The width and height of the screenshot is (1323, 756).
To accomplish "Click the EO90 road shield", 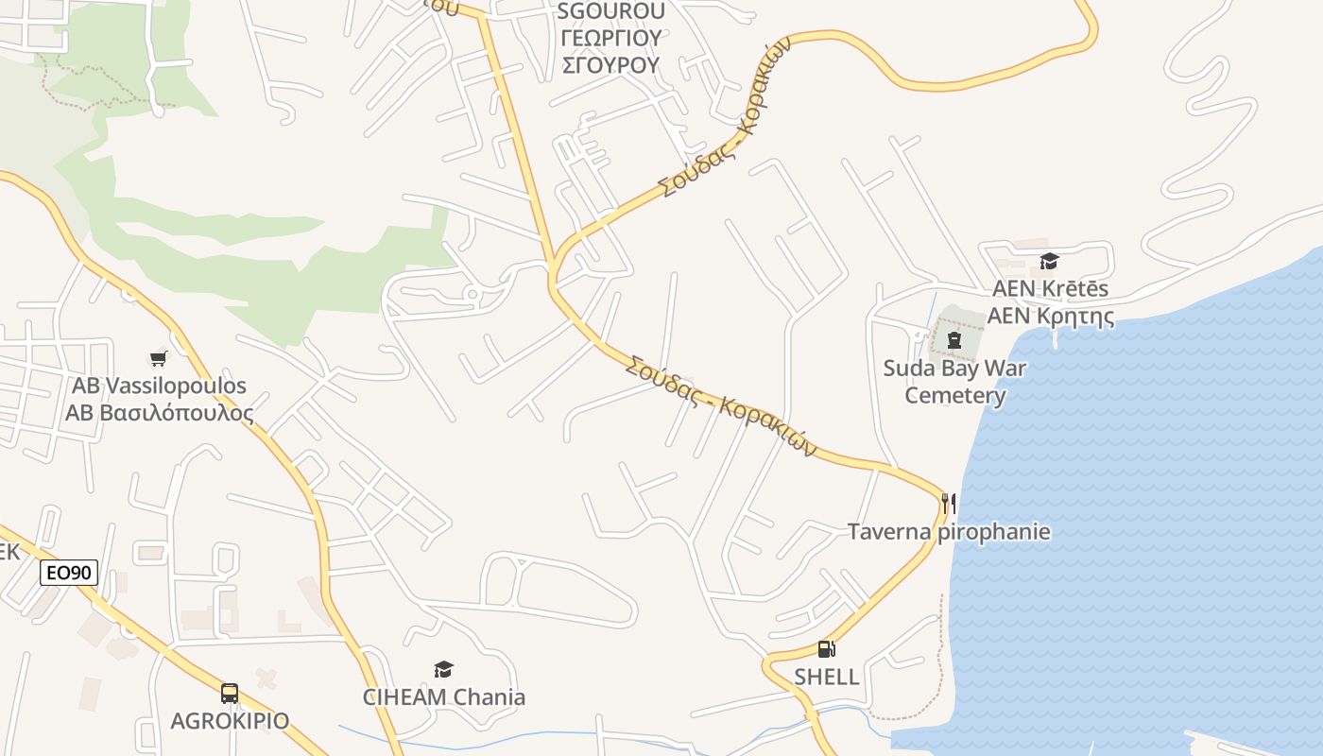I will point(69,573).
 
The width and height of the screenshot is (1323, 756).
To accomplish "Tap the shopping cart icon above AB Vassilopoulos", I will point(159,358).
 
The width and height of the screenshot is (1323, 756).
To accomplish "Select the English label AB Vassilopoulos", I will point(159,386).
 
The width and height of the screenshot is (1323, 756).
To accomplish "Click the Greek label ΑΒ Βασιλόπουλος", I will point(159,413).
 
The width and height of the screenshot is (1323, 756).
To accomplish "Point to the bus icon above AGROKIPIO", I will point(230,694).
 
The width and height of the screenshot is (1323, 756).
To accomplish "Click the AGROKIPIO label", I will point(230,721).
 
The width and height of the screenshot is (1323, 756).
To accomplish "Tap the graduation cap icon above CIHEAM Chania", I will point(443,670).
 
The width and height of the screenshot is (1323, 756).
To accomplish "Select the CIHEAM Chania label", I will point(443,697).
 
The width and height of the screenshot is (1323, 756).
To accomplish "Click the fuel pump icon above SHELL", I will point(826,649).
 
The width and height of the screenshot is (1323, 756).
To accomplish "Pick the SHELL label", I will point(826,677).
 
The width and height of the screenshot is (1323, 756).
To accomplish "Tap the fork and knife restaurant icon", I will point(949,503).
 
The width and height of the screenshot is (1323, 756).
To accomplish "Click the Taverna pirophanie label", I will point(949,531).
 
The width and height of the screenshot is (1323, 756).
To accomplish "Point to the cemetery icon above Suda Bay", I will point(954,340).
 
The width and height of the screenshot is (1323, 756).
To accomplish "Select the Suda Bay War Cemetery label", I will point(954,381).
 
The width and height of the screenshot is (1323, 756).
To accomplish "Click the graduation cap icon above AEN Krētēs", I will point(1049,261).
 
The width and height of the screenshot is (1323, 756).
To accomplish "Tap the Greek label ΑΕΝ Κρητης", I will point(1049,316).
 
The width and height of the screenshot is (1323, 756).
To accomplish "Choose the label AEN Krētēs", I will point(1049,288).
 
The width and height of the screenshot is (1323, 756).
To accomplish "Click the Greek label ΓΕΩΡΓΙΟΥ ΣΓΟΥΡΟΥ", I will point(610,51).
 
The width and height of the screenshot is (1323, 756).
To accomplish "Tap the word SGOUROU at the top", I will point(610,11).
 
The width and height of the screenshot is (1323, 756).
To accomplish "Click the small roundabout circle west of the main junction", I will point(472,295).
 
